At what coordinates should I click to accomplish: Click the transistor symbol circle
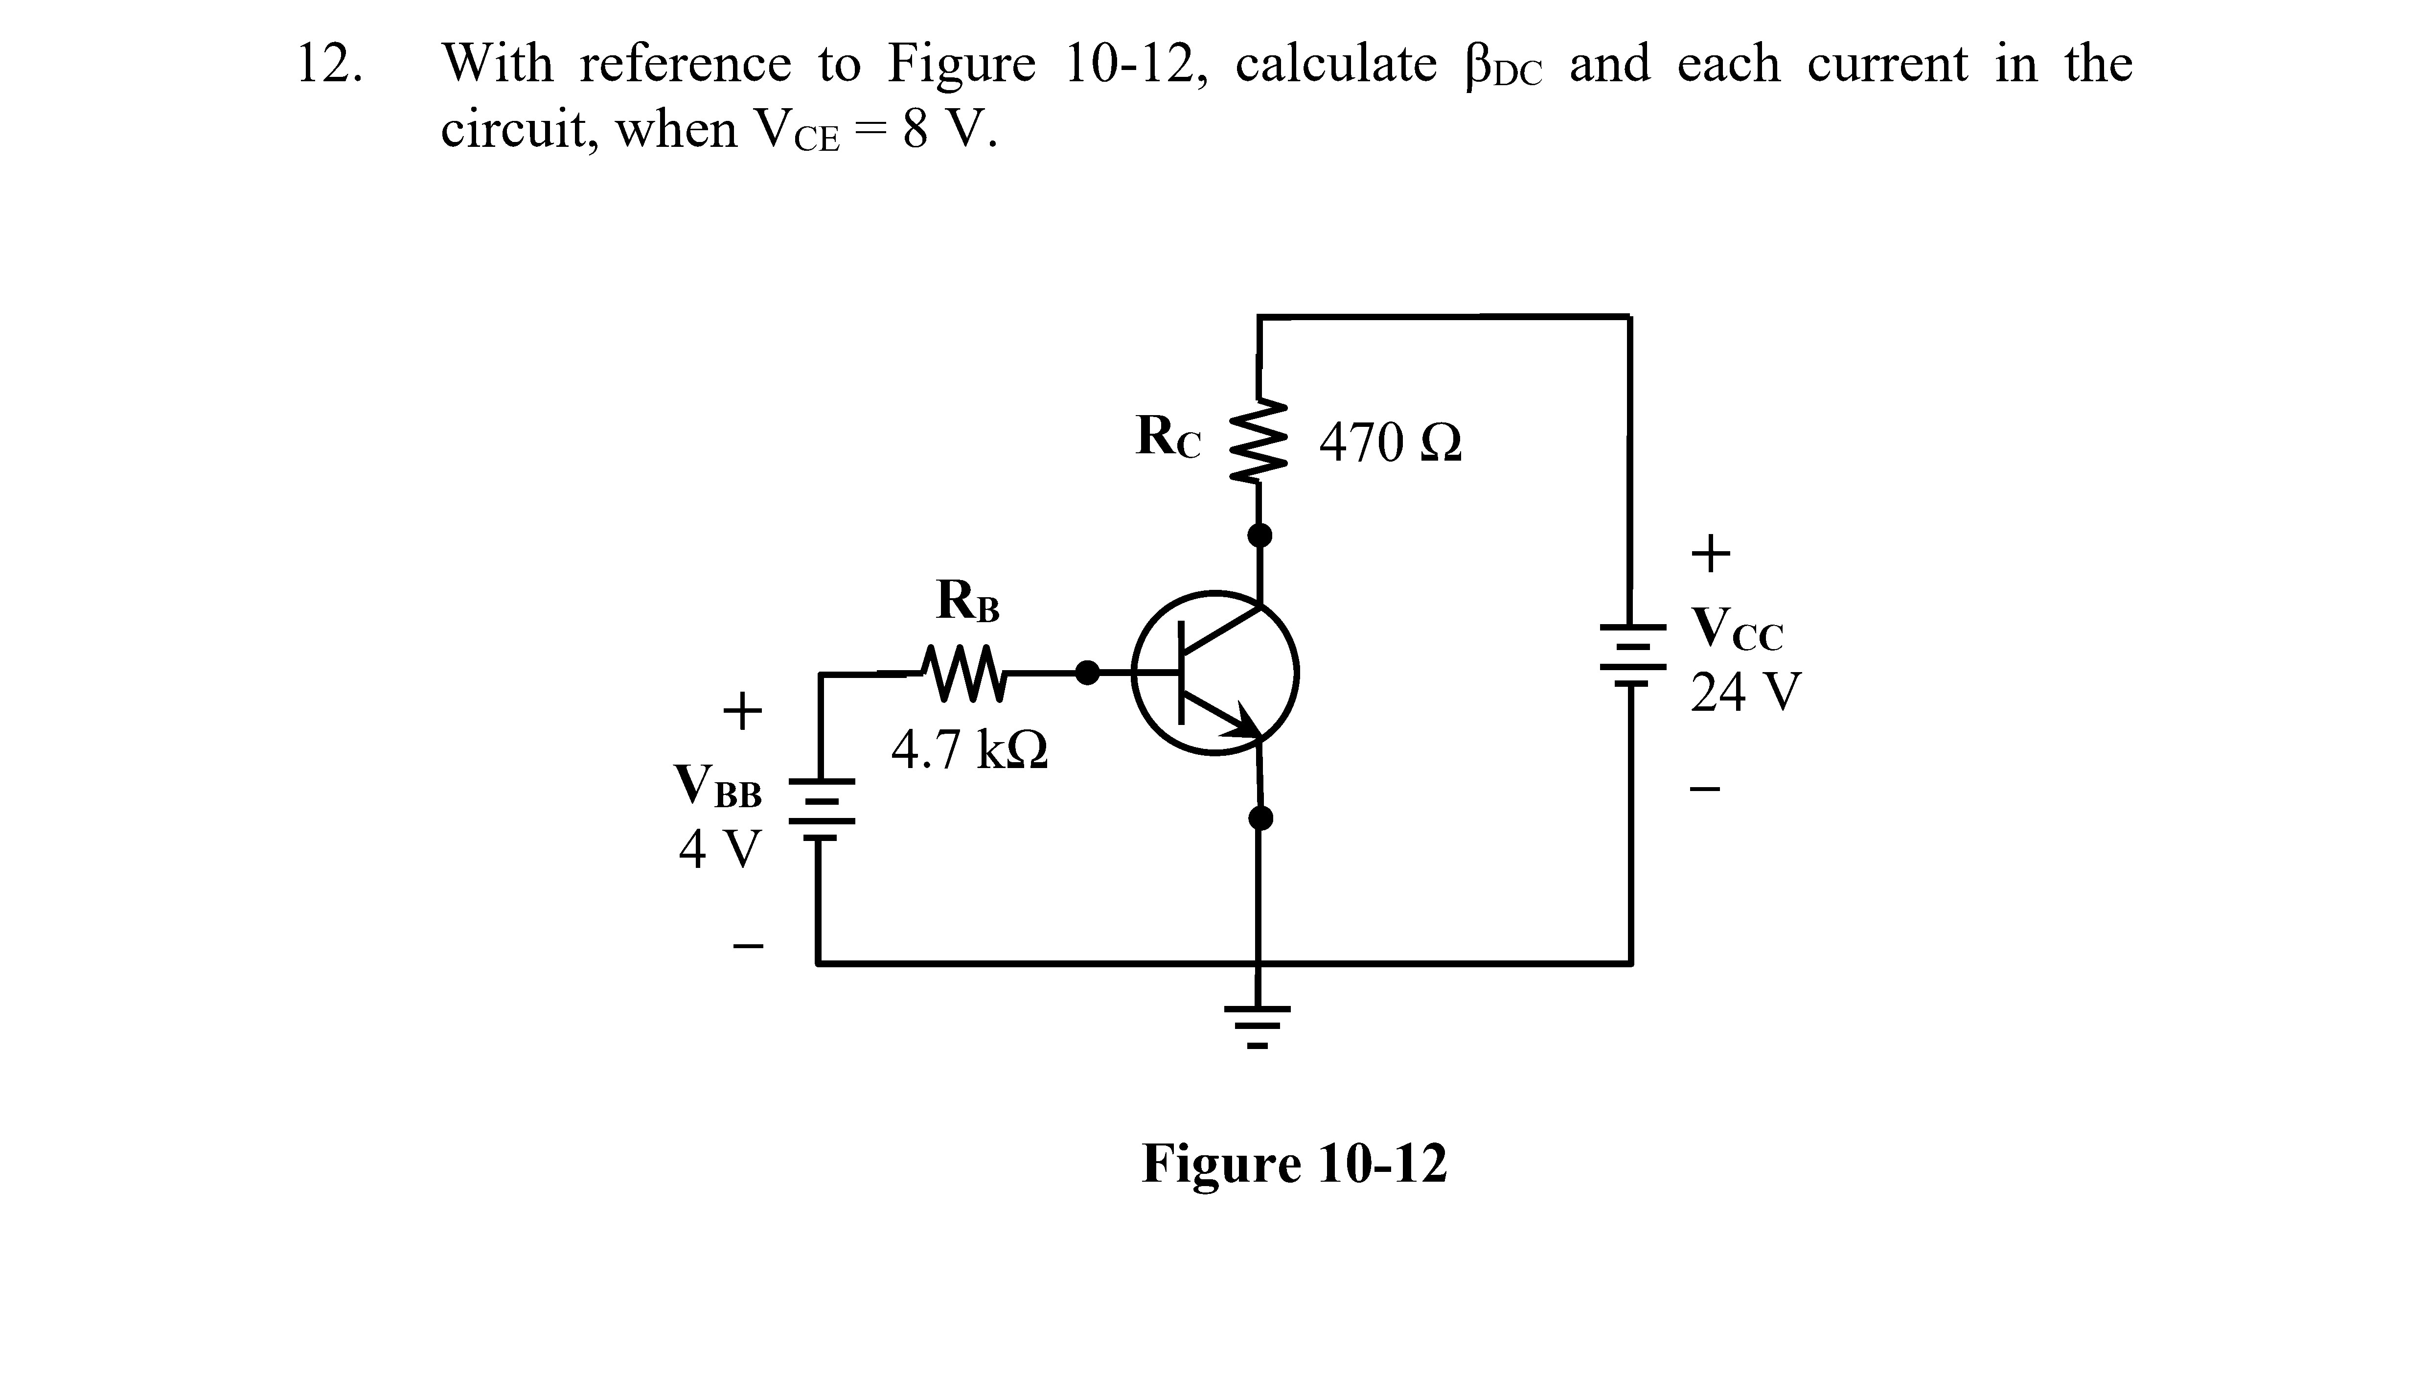(x=1215, y=673)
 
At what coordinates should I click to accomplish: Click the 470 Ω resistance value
(x=1390, y=443)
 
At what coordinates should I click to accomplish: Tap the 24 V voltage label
(x=1745, y=692)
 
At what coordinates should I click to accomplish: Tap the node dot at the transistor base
(x=1087, y=673)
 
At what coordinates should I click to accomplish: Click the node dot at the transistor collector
(x=1259, y=535)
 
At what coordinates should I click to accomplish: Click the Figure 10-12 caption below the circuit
(x=1294, y=1164)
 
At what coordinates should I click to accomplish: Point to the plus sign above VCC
(x=1711, y=553)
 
